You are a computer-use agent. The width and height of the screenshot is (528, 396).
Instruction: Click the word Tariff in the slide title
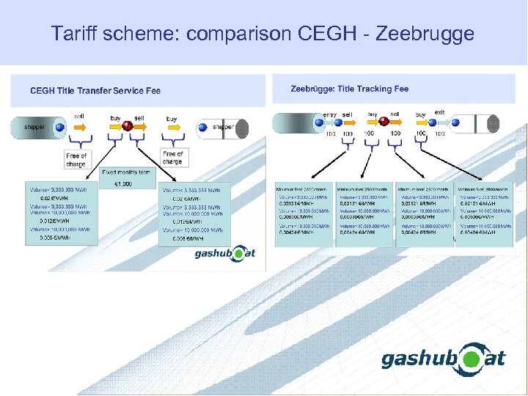click(73, 34)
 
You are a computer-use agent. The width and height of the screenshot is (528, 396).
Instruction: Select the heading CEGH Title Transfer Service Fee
click(95, 91)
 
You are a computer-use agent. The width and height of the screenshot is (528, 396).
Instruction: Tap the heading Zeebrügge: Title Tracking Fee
click(350, 89)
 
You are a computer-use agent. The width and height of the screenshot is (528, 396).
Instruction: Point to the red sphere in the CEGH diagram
click(128, 126)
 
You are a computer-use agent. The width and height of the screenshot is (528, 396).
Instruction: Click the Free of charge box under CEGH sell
click(76, 160)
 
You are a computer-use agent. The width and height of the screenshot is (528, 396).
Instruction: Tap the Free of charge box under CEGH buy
click(172, 158)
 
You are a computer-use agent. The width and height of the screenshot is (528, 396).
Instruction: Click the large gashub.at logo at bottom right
click(443, 359)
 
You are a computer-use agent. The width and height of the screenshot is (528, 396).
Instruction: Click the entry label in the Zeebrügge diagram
click(330, 114)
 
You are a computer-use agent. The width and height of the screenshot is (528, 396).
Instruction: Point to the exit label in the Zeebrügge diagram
click(439, 113)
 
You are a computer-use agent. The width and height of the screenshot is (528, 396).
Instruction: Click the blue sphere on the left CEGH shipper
click(60, 128)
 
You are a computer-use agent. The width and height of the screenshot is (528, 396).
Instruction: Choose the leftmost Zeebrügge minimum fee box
click(304, 213)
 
